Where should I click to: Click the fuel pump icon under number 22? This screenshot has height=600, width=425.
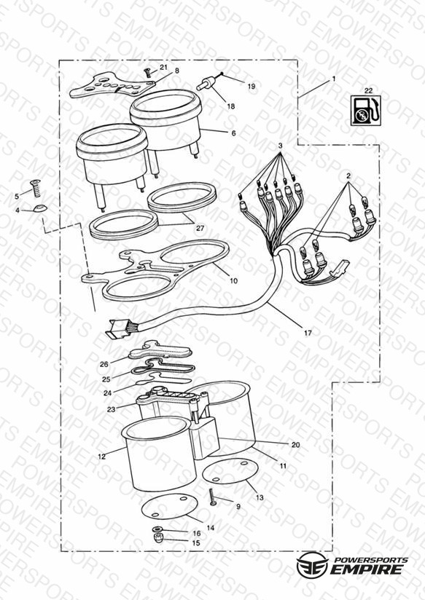(x=367, y=111)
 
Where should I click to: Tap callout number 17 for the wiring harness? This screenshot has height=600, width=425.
(x=308, y=333)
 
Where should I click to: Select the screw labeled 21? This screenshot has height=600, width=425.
(x=147, y=71)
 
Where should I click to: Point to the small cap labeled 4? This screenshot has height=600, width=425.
(x=40, y=208)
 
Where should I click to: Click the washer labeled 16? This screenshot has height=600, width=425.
(x=157, y=529)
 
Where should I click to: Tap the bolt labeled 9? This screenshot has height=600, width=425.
(x=212, y=497)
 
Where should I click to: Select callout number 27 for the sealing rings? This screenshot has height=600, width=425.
(x=200, y=229)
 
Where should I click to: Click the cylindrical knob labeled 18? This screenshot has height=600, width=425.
(x=206, y=84)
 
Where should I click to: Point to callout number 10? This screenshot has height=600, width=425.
(x=233, y=280)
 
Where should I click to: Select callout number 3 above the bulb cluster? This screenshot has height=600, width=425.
(x=281, y=146)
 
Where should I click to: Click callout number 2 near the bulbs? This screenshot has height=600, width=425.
(x=348, y=176)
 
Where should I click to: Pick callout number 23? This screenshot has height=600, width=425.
(x=111, y=409)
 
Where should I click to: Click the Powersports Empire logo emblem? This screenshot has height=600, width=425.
(x=311, y=564)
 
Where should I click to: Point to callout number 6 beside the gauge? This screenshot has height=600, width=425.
(x=233, y=133)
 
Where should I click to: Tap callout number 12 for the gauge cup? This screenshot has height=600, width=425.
(x=101, y=457)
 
